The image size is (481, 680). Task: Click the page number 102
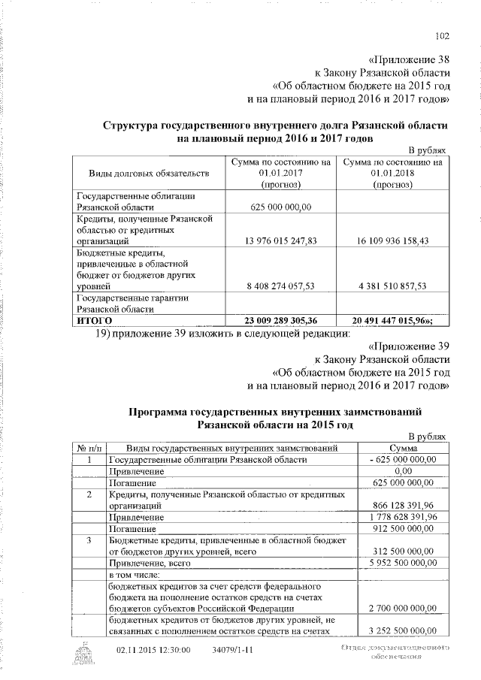click(x=443, y=34)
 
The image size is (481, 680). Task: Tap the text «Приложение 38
click(x=410, y=59)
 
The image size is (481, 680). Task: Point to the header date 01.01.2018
click(x=392, y=174)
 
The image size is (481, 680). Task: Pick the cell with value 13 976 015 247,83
click(x=281, y=241)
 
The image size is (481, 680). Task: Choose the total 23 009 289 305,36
click(x=281, y=320)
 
